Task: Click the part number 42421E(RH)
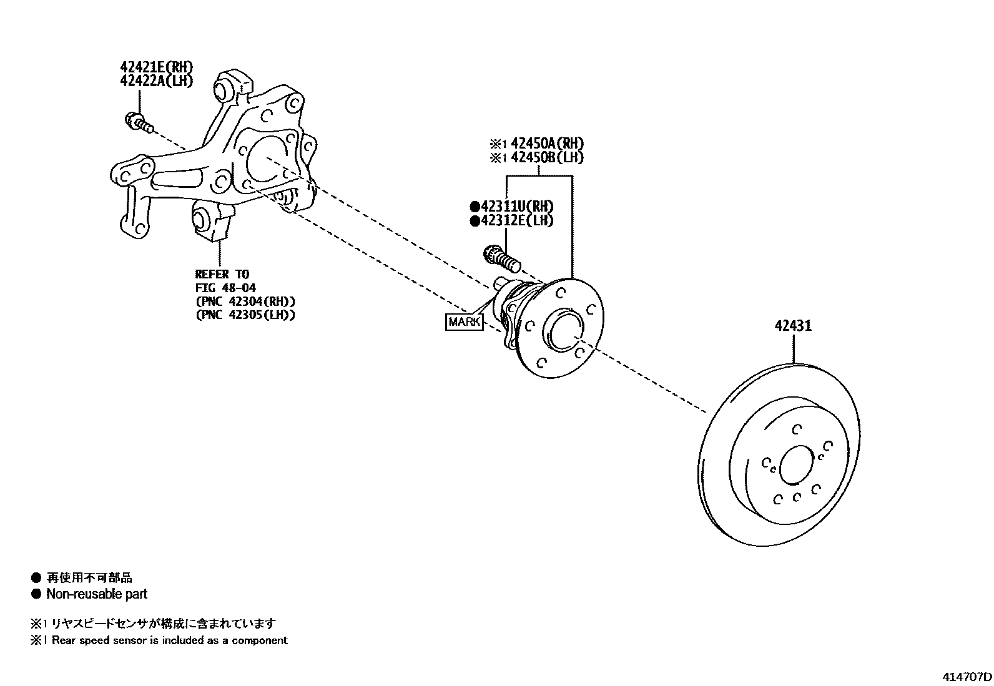(x=157, y=67)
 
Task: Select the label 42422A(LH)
(x=157, y=81)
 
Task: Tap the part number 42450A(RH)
(x=547, y=144)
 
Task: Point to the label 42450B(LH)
(x=547, y=158)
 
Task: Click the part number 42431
(x=793, y=325)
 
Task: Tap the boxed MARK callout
(x=465, y=322)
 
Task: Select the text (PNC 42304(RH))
(x=245, y=301)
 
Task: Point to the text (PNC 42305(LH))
(x=245, y=315)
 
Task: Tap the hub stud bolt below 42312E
(x=501, y=258)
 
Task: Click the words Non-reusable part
(x=97, y=594)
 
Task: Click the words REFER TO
(x=222, y=274)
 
